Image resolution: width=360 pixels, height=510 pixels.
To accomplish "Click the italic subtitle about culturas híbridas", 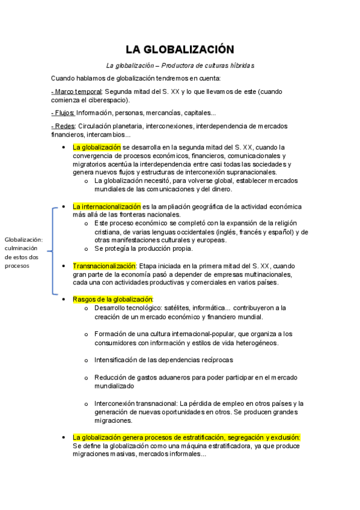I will click(180, 65).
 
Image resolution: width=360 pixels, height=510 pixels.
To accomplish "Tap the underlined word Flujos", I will click(63, 112).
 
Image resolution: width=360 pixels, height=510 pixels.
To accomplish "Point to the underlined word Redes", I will click(63, 126).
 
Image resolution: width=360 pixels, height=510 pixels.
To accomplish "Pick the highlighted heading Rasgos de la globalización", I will click(113, 299).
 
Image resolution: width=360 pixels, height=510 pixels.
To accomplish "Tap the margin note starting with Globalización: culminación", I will click(25, 251).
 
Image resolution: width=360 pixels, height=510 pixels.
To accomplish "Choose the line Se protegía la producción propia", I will click(144, 248).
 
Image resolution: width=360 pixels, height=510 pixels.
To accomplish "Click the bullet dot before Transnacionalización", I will click(64, 265).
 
